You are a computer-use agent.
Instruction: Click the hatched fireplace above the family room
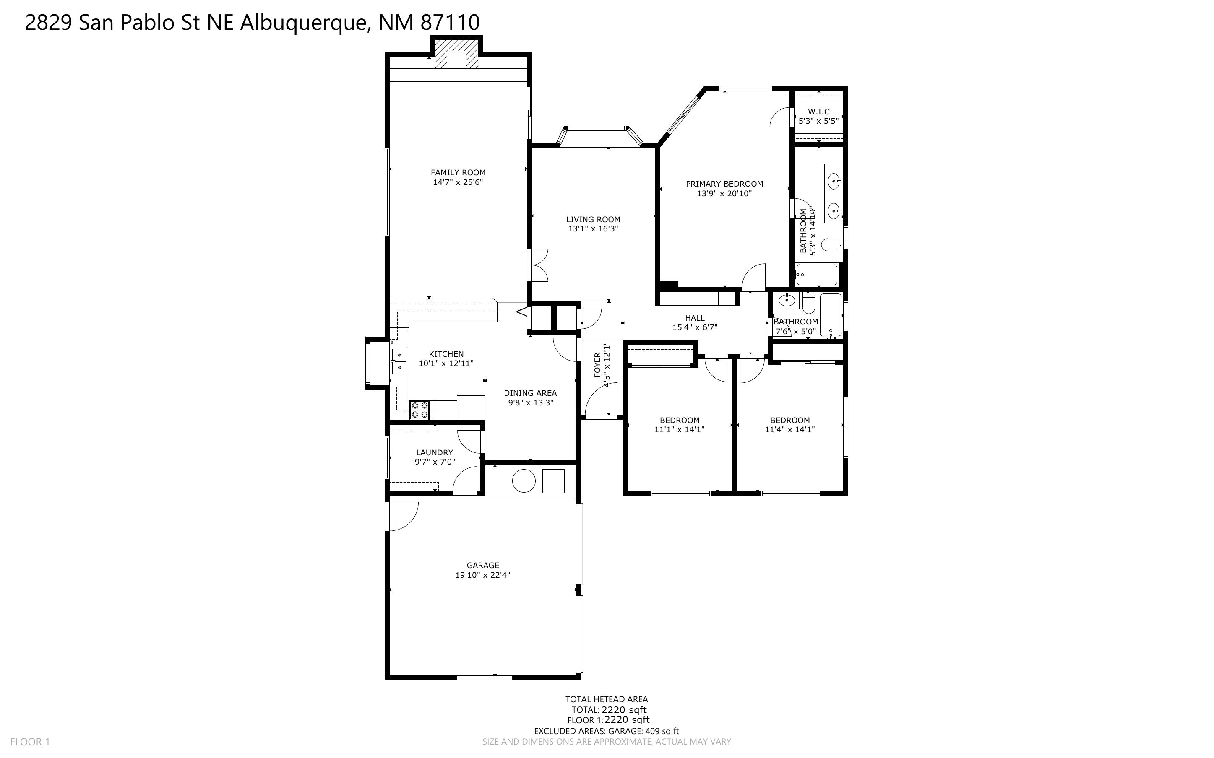[456, 54]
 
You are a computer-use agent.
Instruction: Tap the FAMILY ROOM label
[458, 172]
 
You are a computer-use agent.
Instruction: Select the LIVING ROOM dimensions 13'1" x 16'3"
[593, 228]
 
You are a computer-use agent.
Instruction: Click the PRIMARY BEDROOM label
[724, 184]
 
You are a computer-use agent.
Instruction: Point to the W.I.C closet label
[818, 112]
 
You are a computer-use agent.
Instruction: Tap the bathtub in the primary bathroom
[816, 275]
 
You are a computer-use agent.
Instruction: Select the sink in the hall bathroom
[786, 301]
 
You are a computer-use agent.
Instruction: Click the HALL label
[695, 318]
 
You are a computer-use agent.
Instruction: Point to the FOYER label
[597, 365]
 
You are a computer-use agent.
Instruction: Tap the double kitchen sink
[399, 361]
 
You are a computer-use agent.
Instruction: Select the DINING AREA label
[530, 393]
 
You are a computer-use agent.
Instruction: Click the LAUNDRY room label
[434, 452]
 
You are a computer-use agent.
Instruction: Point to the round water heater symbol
[524, 481]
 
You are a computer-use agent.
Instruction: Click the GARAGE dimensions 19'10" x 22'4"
[482, 575]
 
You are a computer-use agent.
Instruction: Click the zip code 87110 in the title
[450, 23]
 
